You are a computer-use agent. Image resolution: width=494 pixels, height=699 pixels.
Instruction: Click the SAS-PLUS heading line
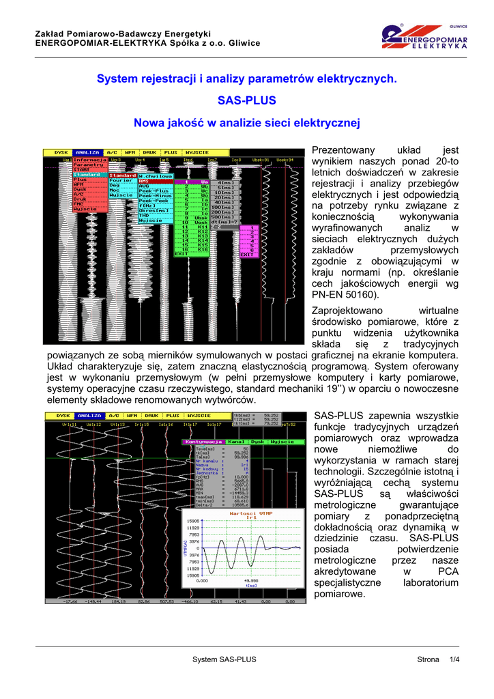click(246, 101)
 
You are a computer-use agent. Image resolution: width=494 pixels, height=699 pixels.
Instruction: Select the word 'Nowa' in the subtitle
click(148, 123)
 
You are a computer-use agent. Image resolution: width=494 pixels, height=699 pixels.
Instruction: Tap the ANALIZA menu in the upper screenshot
click(88, 153)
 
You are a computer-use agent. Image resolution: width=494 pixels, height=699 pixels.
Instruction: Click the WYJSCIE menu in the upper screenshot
click(197, 153)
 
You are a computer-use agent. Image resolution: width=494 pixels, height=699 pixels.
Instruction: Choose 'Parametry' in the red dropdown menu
click(89, 165)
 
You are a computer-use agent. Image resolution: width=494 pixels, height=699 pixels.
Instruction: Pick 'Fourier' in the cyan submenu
click(121, 180)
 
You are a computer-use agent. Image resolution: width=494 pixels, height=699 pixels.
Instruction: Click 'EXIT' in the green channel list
click(181, 254)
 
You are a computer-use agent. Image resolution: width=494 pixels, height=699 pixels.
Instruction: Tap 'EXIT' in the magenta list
click(246, 254)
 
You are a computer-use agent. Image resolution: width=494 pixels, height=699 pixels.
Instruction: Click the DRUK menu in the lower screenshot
click(151, 415)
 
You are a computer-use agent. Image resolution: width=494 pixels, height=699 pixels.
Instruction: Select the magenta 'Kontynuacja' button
click(203, 442)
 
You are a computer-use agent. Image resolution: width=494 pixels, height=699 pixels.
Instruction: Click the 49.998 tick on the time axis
click(251, 581)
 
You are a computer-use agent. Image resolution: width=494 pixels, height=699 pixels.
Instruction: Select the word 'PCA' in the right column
click(448, 571)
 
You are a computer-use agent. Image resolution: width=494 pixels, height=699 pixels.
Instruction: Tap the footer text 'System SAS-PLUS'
click(224, 659)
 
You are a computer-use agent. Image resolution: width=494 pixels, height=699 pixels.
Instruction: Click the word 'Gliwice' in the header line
click(244, 43)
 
